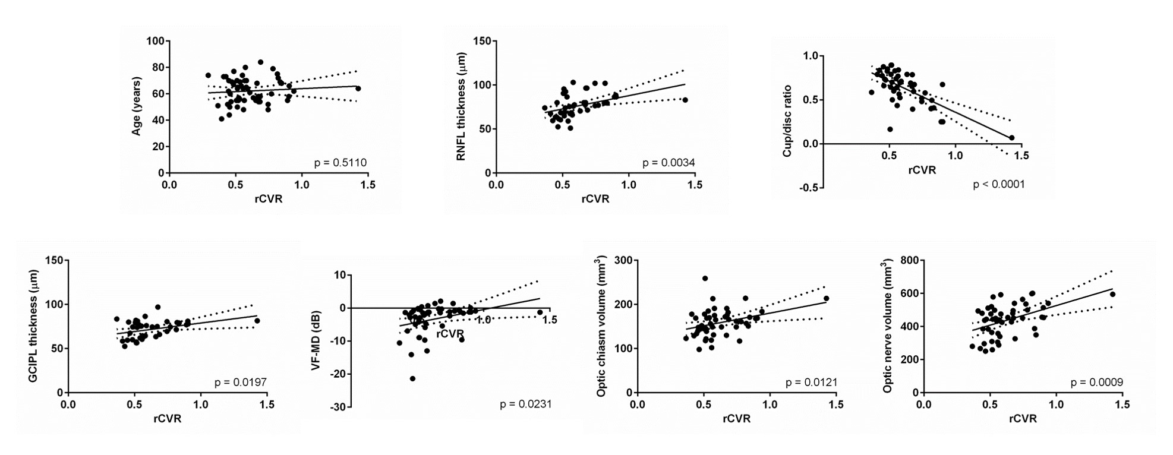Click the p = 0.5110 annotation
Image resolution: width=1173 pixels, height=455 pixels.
(341, 162)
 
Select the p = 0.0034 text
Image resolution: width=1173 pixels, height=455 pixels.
(669, 162)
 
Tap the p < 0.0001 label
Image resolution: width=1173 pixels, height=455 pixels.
(998, 184)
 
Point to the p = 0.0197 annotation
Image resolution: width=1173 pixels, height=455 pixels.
(240, 383)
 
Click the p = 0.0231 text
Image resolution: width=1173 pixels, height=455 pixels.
(525, 404)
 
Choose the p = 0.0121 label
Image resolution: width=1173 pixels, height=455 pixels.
(811, 383)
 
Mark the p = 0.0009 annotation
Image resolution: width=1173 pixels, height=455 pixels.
(1096, 383)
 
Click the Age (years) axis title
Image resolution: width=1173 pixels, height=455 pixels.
(137, 106)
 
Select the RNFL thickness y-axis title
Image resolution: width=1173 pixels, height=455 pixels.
(462, 107)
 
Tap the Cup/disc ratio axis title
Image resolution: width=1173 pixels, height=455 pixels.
(787, 121)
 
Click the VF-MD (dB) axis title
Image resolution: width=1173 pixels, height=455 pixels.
(316, 341)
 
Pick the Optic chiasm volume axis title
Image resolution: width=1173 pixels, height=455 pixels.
(602, 326)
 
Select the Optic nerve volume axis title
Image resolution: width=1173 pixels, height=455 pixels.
(888, 326)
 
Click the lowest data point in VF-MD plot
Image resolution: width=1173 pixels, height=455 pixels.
(412, 378)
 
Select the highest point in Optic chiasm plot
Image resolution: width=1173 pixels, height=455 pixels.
(705, 278)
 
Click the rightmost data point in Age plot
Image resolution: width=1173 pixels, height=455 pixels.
(358, 89)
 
